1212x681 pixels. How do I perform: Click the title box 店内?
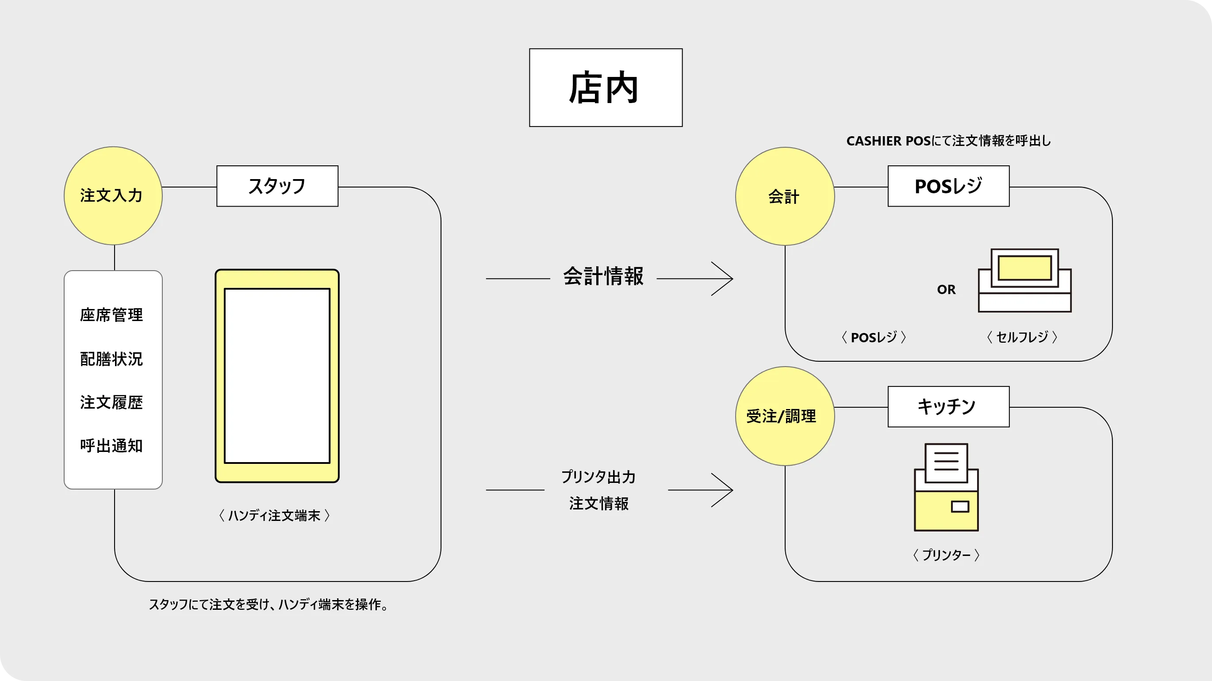pyautogui.click(x=606, y=88)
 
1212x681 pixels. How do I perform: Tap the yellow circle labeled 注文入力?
pyautogui.click(x=113, y=195)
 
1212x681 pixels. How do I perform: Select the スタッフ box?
pyautogui.click(x=277, y=186)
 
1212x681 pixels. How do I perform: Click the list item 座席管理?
pyautogui.click(x=111, y=315)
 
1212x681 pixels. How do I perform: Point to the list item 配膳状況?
pyautogui.click(x=111, y=359)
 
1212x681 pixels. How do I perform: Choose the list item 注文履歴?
pyautogui.click(x=111, y=402)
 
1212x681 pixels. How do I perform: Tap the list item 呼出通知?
pyautogui.click(x=111, y=446)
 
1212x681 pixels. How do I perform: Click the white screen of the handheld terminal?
pyautogui.click(x=277, y=375)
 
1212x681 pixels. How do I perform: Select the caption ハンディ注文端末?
pyautogui.click(x=274, y=516)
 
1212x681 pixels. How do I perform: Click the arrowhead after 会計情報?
pyautogui.click(x=725, y=279)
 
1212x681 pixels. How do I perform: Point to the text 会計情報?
pyautogui.click(x=603, y=276)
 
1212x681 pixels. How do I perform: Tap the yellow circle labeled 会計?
pyautogui.click(x=784, y=196)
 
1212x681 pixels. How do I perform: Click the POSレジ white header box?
pyautogui.click(x=948, y=186)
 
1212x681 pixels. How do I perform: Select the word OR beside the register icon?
pyautogui.click(x=946, y=290)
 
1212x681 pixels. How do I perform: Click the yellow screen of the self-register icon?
pyautogui.click(x=1024, y=268)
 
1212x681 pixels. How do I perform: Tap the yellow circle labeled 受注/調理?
pyautogui.click(x=784, y=416)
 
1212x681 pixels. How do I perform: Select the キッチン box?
pyautogui.click(x=948, y=406)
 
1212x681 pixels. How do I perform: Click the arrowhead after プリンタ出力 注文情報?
pyautogui.click(x=725, y=490)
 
